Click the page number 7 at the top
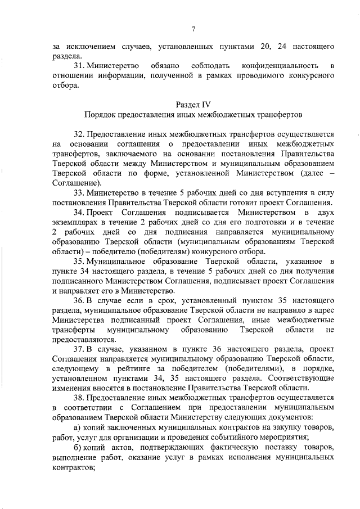click(193, 29)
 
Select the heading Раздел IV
click(193, 105)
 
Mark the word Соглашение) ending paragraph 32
click(75, 183)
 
